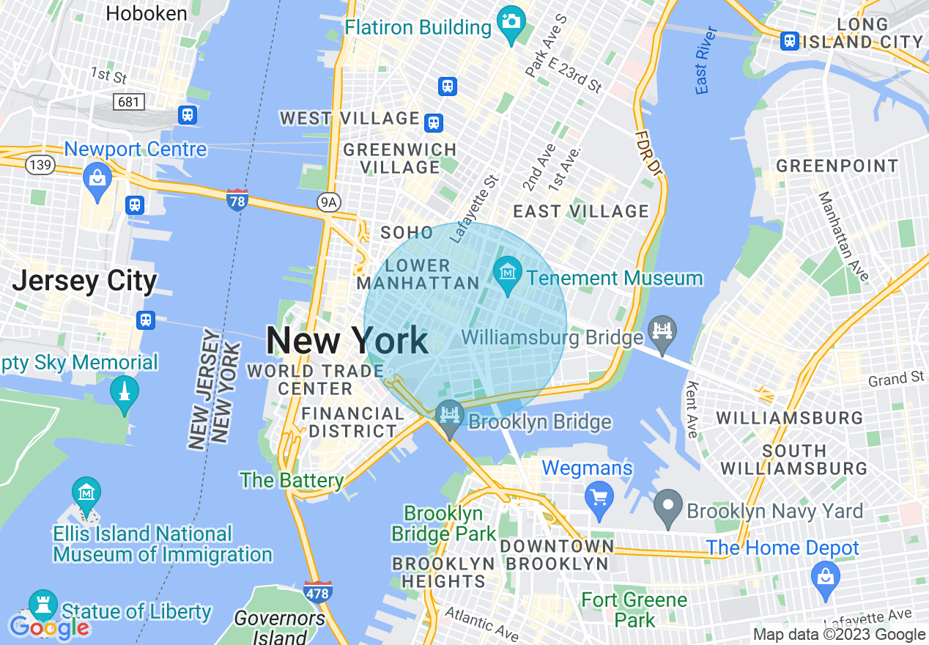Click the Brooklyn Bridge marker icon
(449, 416)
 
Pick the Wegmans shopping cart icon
(599, 496)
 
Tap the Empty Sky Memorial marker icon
(124, 392)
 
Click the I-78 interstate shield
(237, 199)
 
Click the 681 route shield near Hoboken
(129, 102)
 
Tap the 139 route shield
(40, 165)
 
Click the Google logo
(49, 627)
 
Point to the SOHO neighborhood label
(407, 233)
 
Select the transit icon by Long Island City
(789, 41)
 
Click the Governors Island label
(280, 627)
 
